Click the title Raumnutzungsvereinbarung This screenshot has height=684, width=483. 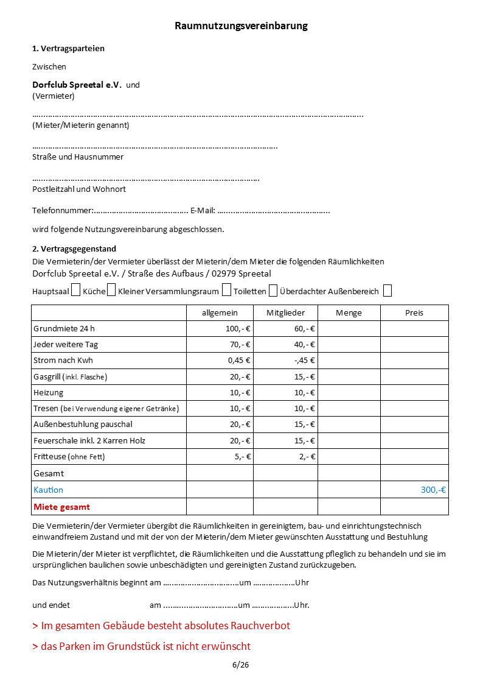point(241,26)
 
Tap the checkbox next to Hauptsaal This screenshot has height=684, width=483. point(75,290)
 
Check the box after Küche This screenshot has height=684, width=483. point(111,290)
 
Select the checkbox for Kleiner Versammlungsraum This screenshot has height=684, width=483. point(226,290)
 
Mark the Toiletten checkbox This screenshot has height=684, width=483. point(273,290)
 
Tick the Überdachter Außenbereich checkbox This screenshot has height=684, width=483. point(387,290)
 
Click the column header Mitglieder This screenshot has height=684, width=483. point(285,312)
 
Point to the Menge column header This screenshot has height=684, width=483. point(349,312)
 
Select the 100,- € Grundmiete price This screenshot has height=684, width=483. point(238,329)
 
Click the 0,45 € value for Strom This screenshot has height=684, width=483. point(239,361)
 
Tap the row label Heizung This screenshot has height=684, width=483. point(49,392)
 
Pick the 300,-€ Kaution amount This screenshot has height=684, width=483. point(433,490)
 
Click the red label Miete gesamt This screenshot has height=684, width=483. point(62,507)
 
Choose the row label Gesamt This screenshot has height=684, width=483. point(49,473)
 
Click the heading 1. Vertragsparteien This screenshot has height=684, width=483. point(68,48)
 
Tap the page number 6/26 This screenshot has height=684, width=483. point(240,665)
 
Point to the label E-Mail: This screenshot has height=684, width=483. point(203,211)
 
